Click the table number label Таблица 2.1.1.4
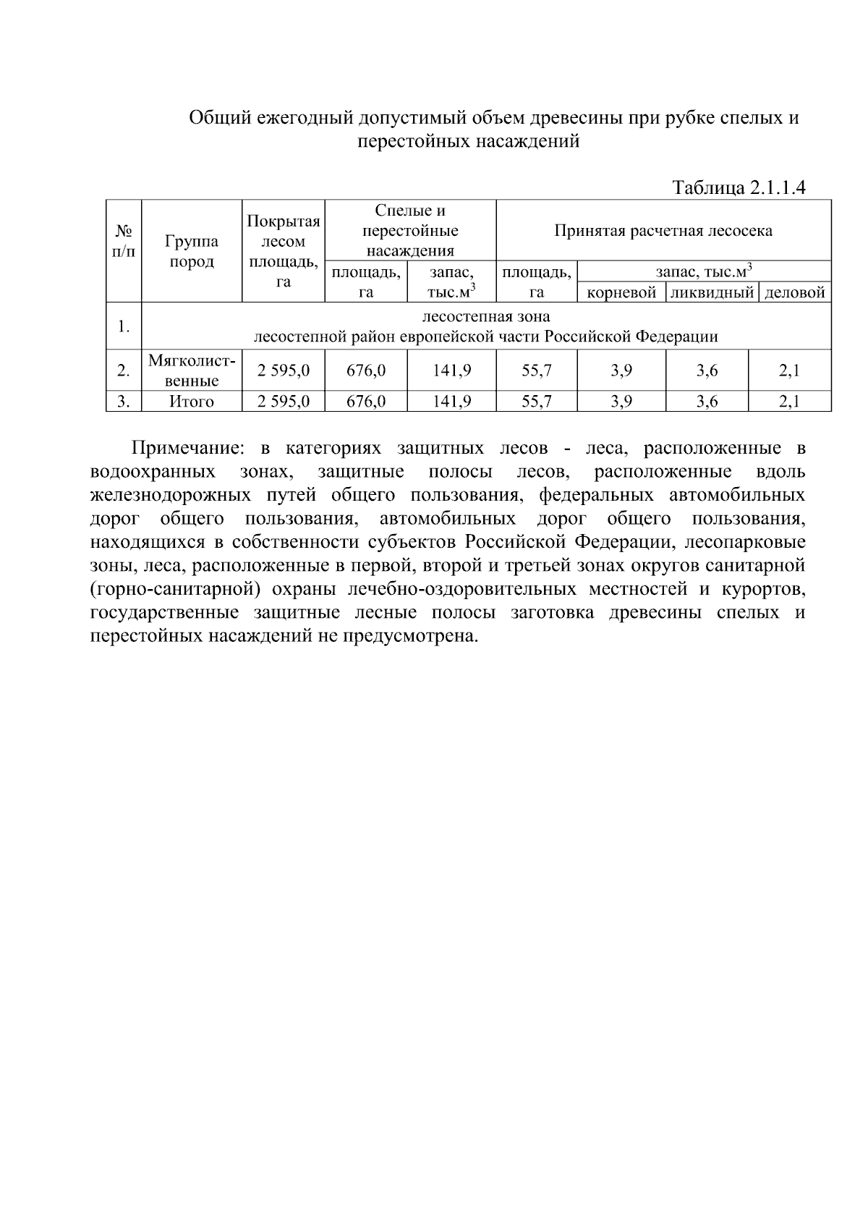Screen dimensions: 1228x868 pyautogui.click(x=739, y=188)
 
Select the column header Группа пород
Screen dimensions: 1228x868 pyautogui.click(x=192, y=251)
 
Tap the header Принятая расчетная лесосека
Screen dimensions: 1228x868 pyautogui.click(x=663, y=231)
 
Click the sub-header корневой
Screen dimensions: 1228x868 pyautogui.click(x=621, y=293)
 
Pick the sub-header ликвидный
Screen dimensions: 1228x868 pyautogui.click(x=712, y=293)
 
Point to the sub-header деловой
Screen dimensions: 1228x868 pyautogui.click(x=794, y=293)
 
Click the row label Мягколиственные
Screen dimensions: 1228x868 pyautogui.click(x=192, y=370)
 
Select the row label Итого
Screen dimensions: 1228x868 pyautogui.click(x=192, y=402)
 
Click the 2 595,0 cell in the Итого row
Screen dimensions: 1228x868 pyautogui.click(x=284, y=402)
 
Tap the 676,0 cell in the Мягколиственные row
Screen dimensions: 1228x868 pyautogui.click(x=366, y=370)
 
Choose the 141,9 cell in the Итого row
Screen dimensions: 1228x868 pyautogui.click(x=452, y=402)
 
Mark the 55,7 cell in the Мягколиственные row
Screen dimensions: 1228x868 pyautogui.click(x=537, y=370)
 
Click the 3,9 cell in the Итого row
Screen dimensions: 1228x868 pyautogui.click(x=621, y=402)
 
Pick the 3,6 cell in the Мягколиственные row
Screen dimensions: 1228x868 pyautogui.click(x=707, y=370)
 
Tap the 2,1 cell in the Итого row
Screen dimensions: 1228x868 pyautogui.click(x=789, y=402)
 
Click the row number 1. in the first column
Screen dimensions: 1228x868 pyautogui.click(x=124, y=326)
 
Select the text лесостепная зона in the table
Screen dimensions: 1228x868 pyautogui.click(x=485, y=317)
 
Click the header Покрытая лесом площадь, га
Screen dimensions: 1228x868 pyautogui.click(x=284, y=251)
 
